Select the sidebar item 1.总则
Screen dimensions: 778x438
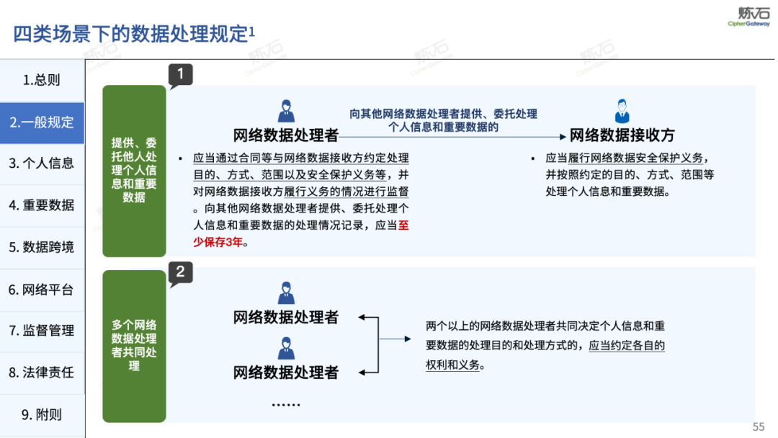click(x=42, y=80)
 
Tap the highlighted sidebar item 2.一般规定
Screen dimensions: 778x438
click(x=42, y=122)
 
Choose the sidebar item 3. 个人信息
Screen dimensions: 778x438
click(x=42, y=164)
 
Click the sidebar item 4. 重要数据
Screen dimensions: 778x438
click(x=42, y=205)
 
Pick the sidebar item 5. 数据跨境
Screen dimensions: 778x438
click(x=42, y=247)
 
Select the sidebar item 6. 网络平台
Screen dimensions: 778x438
click(x=42, y=290)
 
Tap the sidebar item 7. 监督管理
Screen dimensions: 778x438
click(x=42, y=331)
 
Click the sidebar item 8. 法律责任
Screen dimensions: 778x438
click(x=42, y=372)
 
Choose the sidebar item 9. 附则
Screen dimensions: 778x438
click(x=42, y=415)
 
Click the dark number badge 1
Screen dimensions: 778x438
click(x=180, y=74)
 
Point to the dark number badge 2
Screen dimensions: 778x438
click(x=180, y=272)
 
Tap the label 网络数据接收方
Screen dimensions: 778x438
click(x=622, y=135)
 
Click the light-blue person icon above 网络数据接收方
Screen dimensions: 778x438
click(x=622, y=112)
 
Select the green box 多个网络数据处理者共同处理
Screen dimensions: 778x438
click(x=134, y=345)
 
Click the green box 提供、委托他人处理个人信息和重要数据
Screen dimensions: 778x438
click(x=134, y=170)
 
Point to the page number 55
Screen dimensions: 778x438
click(x=759, y=426)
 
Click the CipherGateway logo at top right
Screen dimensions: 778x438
click(x=748, y=16)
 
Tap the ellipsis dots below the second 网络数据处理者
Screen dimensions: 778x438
click(x=286, y=403)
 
